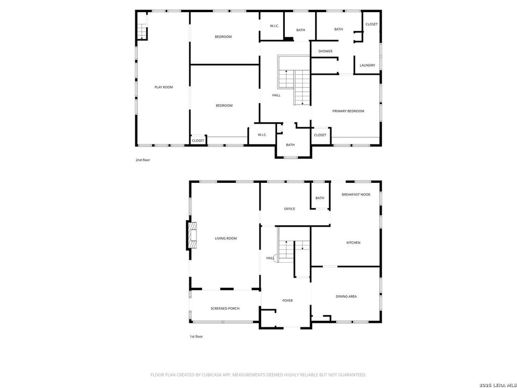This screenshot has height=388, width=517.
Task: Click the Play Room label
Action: pyautogui.click(x=164, y=87)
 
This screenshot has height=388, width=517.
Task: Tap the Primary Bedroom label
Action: pyautogui.click(x=348, y=111)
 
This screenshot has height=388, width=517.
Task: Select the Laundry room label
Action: pyautogui.click(x=368, y=65)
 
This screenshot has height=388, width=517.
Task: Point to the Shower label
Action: pyautogui.click(x=326, y=51)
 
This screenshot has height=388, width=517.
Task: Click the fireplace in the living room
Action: pyautogui.click(x=192, y=235)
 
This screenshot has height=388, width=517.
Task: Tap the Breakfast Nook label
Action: pyautogui.click(x=356, y=195)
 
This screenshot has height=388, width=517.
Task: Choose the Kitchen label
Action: pyautogui.click(x=353, y=243)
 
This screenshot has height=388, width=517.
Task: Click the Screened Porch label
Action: pyautogui.click(x=225, y=309)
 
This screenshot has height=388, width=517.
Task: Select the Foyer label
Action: pyautogui.click(x=287, y=301)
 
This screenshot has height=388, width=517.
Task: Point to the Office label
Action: pyautogui.click(x=289, y=209)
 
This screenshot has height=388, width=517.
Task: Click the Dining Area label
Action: pyautogui.click(x=346, y=297)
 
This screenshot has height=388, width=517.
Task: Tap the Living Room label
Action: pyautogui.click(x=226, y=238)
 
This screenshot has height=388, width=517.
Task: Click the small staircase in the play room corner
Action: pyautogui.click(x=141, y=32)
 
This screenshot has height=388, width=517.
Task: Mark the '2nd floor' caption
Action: pyautogui.click(x=143, y=160)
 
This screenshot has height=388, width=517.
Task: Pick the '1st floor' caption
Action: pyautogui.click(x=196, y=336)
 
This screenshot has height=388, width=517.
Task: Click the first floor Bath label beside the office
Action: pyautogui.click(x=320, y=198)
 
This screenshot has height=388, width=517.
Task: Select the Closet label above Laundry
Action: pyautogui.click(x=372, y=24)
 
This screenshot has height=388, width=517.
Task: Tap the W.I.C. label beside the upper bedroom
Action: pyautogui.click(x=275, y=26)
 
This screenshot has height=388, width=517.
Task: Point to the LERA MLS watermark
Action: pyautogui.click(x=498, y=385)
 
